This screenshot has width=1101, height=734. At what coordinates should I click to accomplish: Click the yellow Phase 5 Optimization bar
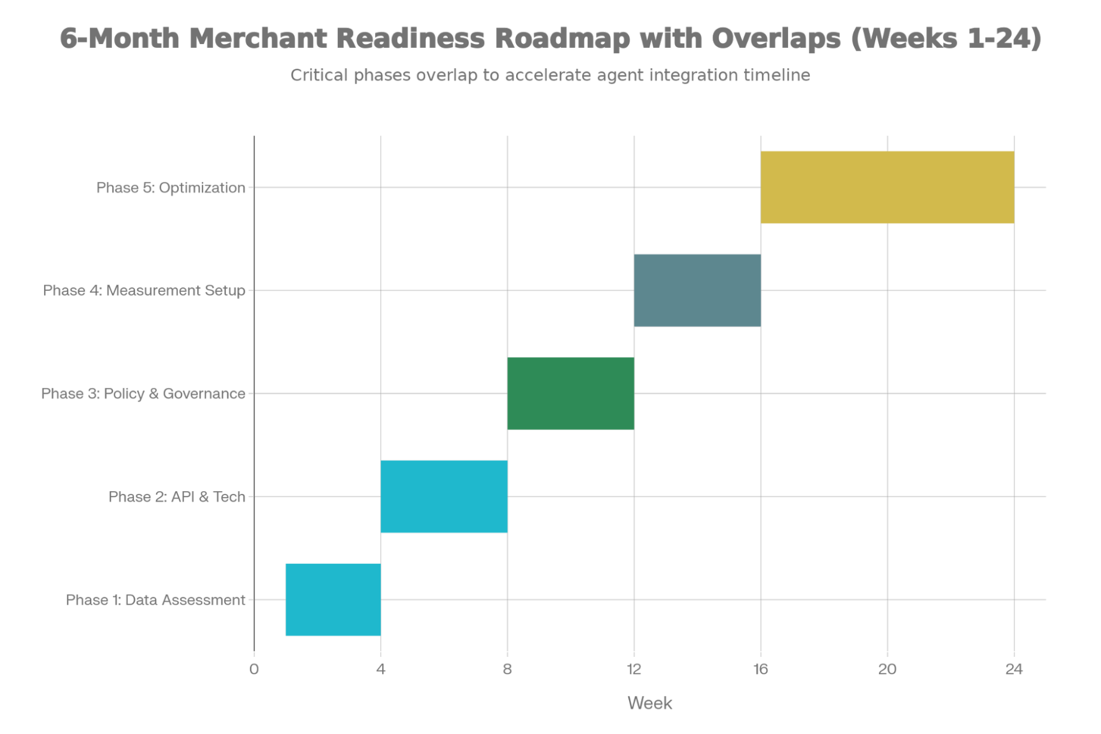pos(887,187)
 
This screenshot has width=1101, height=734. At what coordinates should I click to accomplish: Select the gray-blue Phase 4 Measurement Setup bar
pos(697,290)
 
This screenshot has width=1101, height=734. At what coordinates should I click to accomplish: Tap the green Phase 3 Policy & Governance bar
pos(571,393)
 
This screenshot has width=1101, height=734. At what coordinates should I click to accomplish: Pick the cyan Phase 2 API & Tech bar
pos(444,496)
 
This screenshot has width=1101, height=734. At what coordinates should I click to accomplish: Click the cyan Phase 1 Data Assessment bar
pos(333,600)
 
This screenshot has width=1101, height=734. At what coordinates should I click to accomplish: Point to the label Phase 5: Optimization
pos(171,188)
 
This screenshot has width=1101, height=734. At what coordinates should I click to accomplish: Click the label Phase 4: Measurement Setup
pos(144,291)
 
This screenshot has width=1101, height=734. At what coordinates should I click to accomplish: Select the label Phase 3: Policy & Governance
pos(143,394)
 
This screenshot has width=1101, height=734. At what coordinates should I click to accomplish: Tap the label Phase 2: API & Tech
pos(177,497)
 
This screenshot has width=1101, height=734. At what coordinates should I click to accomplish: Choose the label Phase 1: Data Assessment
pos(155,600)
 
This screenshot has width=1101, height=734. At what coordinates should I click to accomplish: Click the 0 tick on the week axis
pos(254,670)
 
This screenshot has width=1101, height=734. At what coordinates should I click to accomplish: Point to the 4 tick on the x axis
pos(381,670)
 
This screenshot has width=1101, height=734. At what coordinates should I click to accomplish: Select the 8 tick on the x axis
pos(507,670)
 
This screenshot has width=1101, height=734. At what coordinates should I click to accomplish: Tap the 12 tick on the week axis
pos(634,670)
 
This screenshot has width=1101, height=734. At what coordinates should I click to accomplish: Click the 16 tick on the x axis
pos(761,670)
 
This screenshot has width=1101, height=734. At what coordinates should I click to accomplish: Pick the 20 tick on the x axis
pos(887,670)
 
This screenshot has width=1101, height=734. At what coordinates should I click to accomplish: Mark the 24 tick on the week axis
pos(1014,670)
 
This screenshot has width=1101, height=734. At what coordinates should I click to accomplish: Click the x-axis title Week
pos(650,703)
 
